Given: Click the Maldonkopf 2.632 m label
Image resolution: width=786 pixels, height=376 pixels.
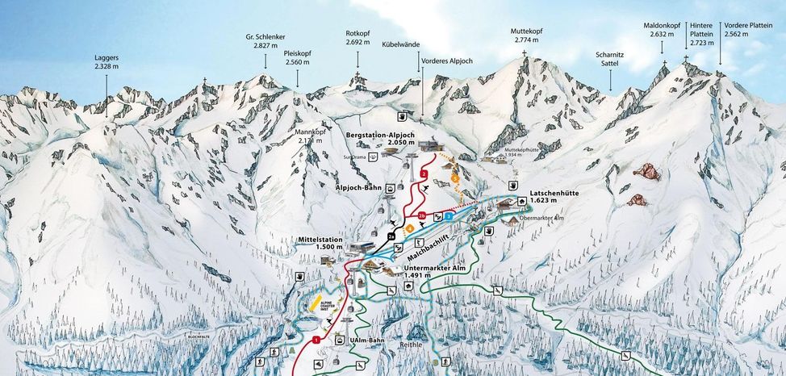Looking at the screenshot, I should [x=663, y=30].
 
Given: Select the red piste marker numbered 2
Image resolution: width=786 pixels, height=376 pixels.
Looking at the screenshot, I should [x=423, y=173].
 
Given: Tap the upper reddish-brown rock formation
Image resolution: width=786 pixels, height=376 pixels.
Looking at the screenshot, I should [x=645, y=171].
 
